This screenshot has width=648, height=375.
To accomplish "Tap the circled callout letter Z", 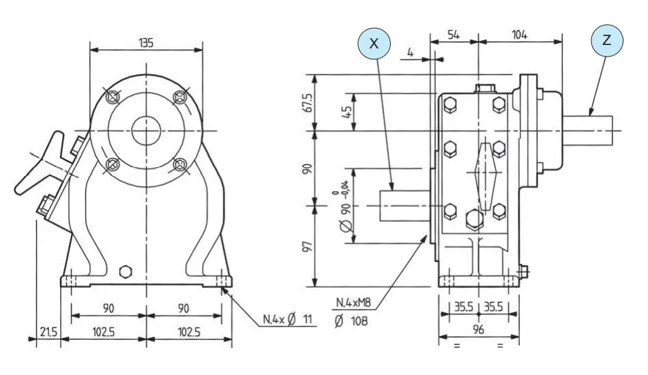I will (x=607, y=41).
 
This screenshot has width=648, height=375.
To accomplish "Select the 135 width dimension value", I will (x=146, y=42).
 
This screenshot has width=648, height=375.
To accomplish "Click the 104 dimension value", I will (x=520, y=34).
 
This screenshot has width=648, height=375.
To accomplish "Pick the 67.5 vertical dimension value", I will (x=308, y=102).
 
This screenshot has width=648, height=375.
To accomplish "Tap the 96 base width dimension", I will (x=478, y=329).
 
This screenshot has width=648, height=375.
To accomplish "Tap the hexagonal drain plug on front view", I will (x=124, y=272).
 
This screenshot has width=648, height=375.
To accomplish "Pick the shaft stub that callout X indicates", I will (x=404, y=205).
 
